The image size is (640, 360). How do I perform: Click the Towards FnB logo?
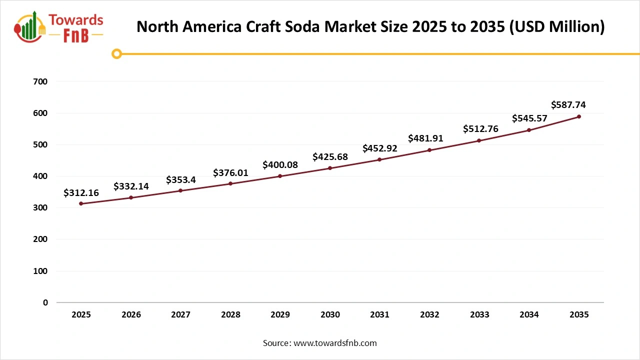coord(59,27)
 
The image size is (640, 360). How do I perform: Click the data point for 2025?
coord(81,203)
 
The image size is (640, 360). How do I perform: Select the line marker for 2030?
coord(330,168)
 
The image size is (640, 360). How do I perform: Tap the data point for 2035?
coord(579,116)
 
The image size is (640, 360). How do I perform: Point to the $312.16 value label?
coord(81,192)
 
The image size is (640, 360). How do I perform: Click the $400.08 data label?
coord(280,164)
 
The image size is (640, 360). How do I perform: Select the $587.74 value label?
coord(568,104)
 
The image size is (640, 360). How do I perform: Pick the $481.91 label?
coord(425,138)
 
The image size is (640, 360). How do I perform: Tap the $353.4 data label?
coord(181,180)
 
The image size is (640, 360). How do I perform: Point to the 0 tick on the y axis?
coord(45,302)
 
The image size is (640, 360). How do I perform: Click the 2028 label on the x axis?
coord(230,314)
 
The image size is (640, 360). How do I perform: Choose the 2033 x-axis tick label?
coord(479,314)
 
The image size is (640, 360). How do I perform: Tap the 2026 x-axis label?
coord(131,314)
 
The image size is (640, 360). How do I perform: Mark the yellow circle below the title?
coord(116,53)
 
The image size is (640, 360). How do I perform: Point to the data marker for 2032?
coord(429,150)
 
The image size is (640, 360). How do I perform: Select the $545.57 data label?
coord(529,118)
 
